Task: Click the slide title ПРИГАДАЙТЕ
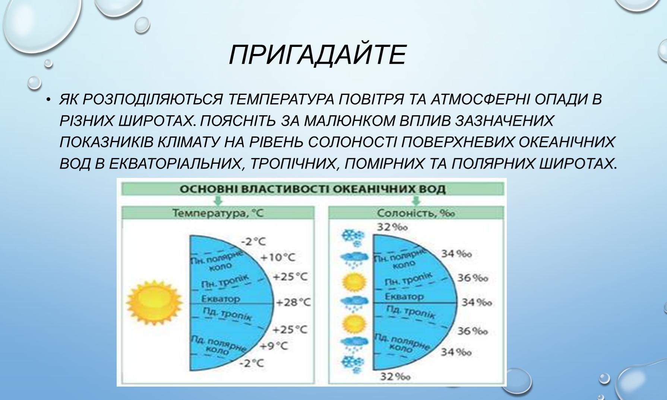pyautogui.click(x=317, y=55)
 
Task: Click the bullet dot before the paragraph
pyautogui.click(x=48, y=100)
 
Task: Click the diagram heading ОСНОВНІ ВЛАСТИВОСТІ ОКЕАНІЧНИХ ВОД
pyautogui.click(x=313, y=189)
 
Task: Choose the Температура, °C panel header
pyautogui.click(x=218, y=213)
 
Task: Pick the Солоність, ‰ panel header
pyautogui.click(x=416, y=213)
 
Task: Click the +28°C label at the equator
pyautogui.click(x=293, y=302)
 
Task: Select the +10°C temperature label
pyautogui.click(x=278, y=257)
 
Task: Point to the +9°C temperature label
pyautogui.click(x=274, y=346)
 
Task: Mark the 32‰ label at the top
pyautogui.click(x=392, y=227)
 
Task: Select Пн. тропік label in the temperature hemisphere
pyautogui.click(x=224, y=281)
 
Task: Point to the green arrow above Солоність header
pyautogui.click(x=416, y=201)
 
